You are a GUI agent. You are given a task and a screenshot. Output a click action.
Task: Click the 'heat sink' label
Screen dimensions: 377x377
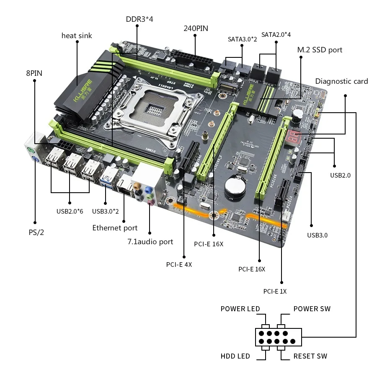point(77,36)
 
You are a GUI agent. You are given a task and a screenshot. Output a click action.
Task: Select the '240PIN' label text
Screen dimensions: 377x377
point(196,28)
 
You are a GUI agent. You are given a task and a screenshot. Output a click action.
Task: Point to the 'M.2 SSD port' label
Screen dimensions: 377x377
point(320,50)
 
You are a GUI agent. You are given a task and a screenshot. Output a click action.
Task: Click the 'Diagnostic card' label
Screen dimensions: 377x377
point(341,81)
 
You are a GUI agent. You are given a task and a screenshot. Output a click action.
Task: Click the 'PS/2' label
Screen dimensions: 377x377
point(36,232)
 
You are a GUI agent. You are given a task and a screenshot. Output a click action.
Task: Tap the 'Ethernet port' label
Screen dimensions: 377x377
point(115,228)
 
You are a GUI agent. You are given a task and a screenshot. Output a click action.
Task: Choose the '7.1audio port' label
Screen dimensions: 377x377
point(150,242)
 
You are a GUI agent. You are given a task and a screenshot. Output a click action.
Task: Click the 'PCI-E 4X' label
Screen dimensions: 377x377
point(179,264)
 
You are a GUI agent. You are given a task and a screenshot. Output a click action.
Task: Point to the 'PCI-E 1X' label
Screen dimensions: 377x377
point(275,292)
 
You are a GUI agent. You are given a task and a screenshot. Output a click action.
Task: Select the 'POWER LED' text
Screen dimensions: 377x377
point(240,309)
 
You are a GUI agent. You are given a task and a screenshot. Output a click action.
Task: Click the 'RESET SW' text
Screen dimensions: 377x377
point(310,356)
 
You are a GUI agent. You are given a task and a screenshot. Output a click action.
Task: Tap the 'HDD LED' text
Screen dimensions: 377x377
point(235,356)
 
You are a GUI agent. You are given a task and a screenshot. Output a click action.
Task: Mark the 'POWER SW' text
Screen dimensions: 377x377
point(312,309)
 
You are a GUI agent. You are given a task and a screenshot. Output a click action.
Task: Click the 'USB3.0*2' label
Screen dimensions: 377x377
point(105,211)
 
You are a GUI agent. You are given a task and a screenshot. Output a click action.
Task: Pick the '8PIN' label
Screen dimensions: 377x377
point(34,73)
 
